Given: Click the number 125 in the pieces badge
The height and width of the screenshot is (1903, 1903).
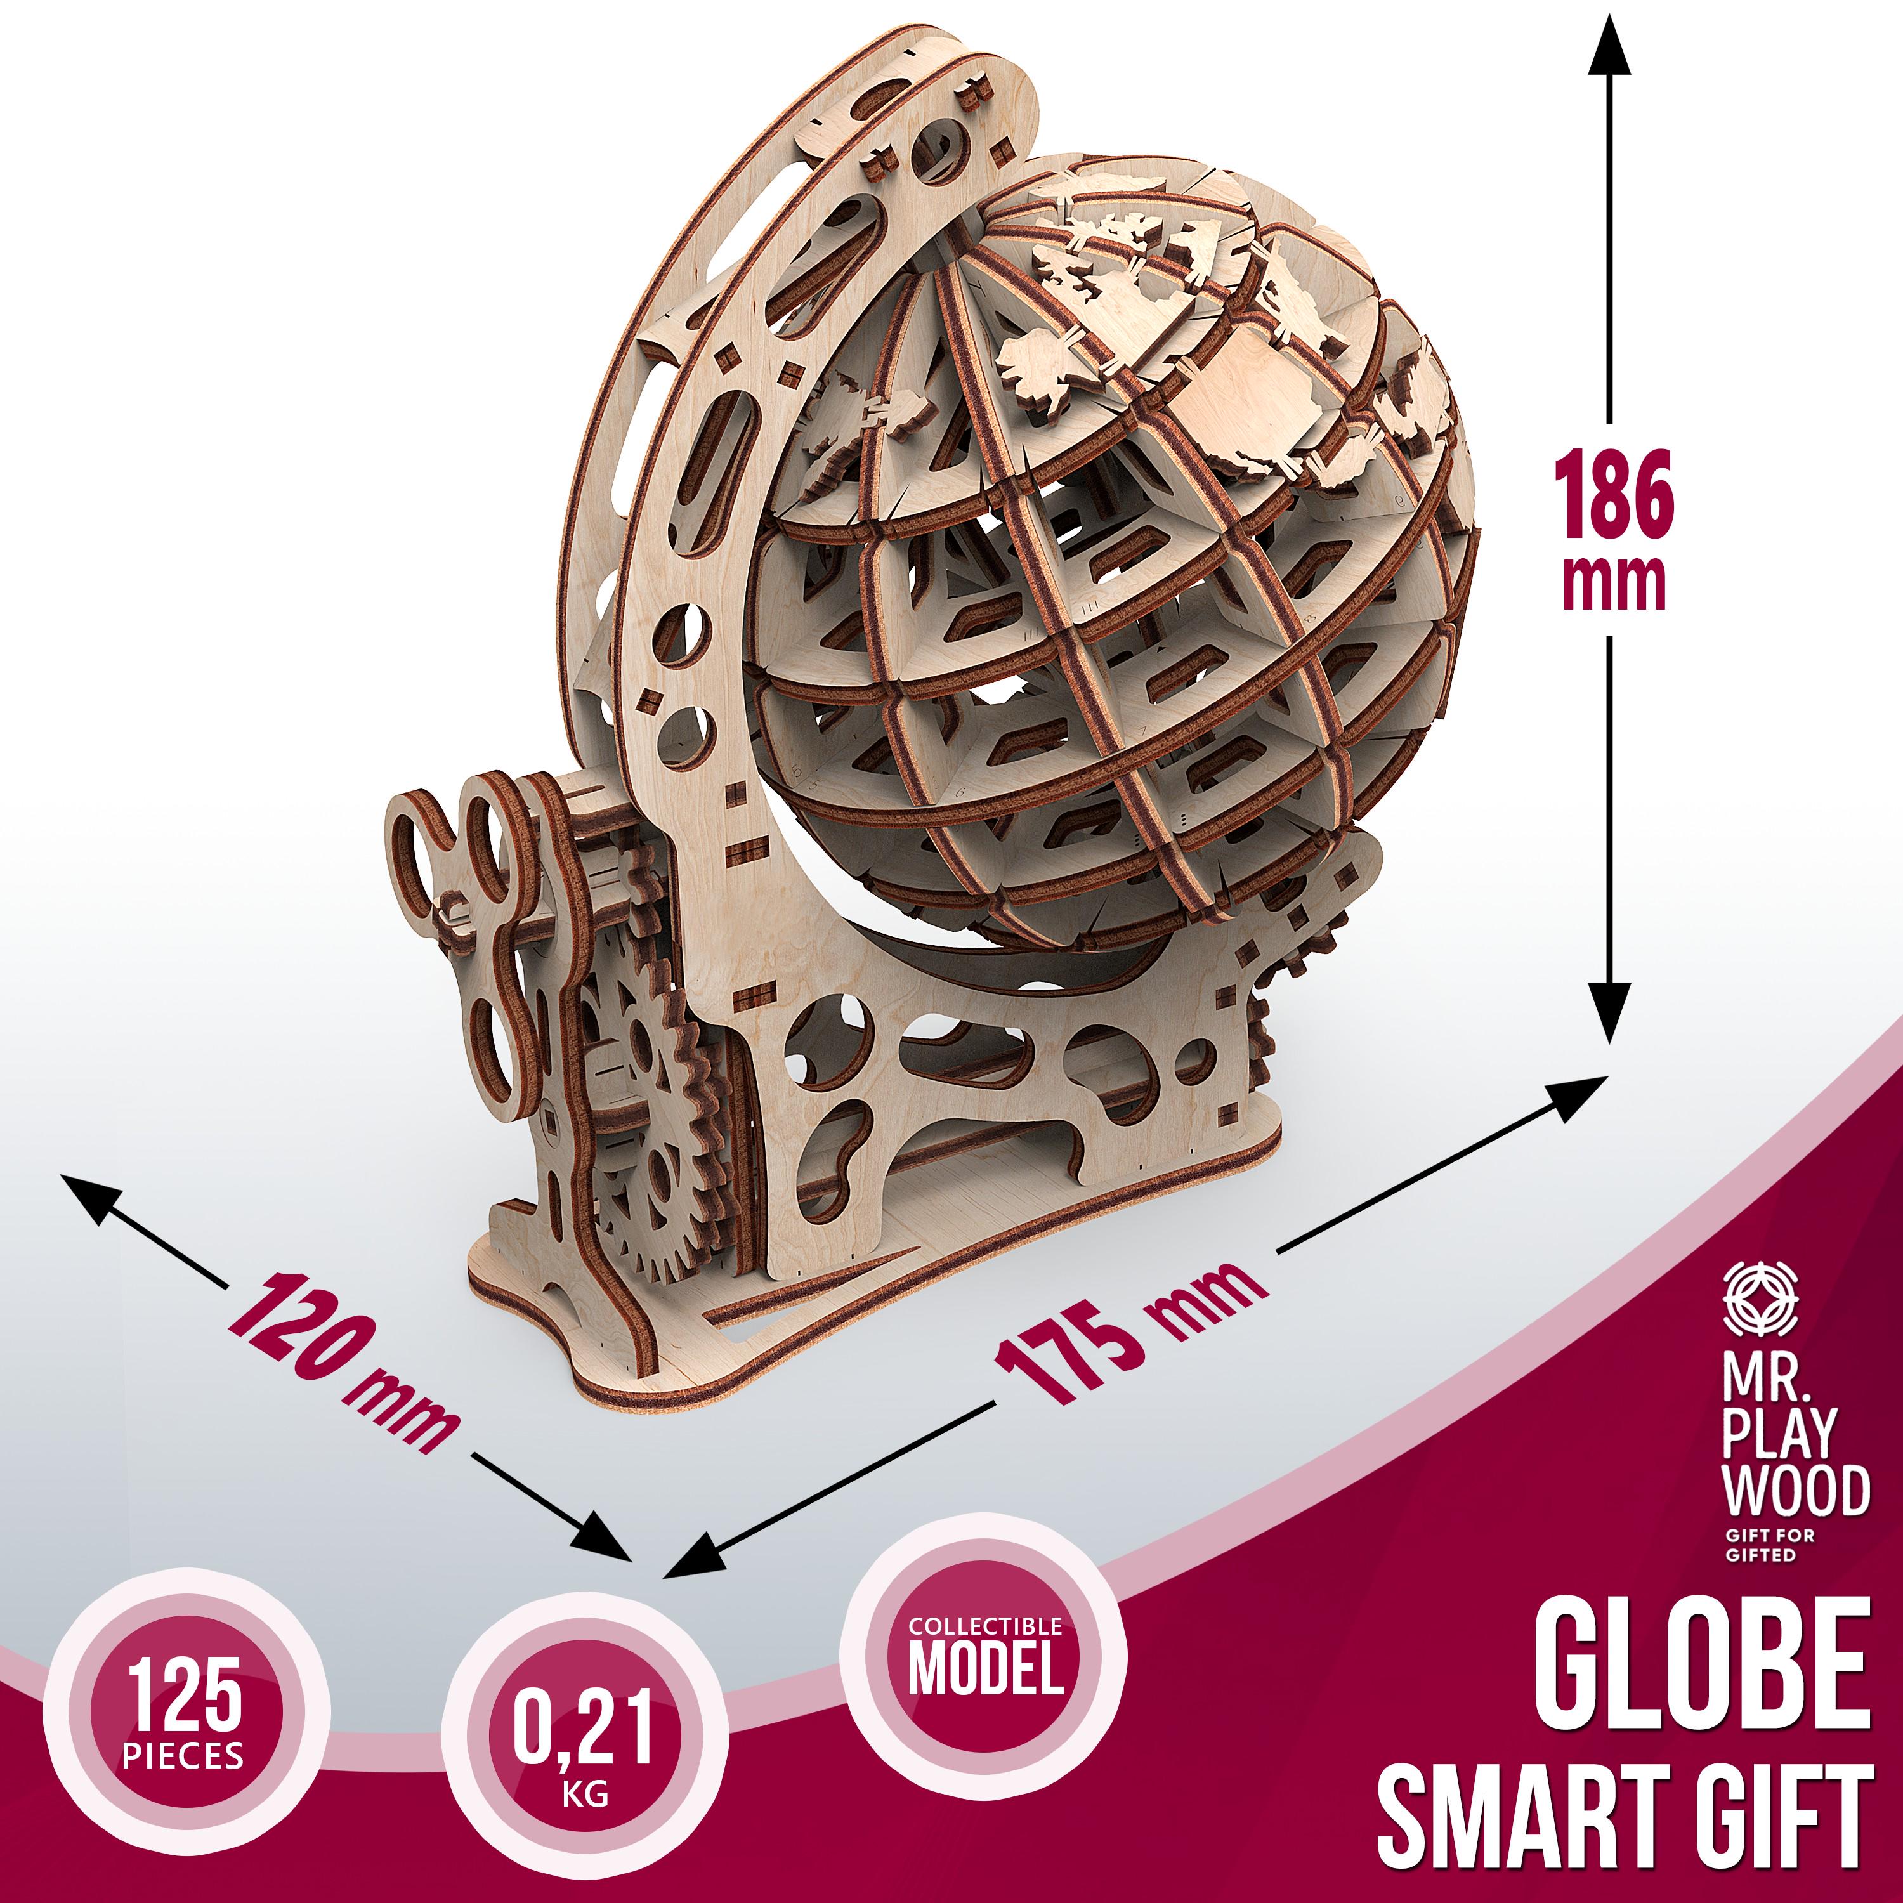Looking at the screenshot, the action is [x=184, y=1695].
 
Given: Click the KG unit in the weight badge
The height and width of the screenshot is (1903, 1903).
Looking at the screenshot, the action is [x=585, y=1794].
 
